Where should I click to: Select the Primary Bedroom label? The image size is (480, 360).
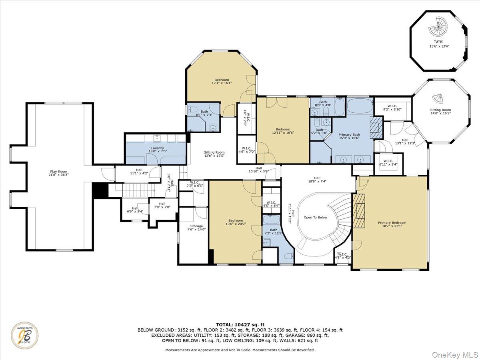pyautogui.click(x=392, y=223)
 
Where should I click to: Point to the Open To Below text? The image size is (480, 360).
pyautogui.click(x=315, y=218)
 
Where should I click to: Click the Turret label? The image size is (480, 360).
pyautogui.click(x=438, y=41)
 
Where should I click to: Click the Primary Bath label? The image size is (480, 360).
pyautogui.click(x=349, y=135)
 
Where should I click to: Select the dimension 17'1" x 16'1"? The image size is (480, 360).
pyautogui.click(x=222, y=83)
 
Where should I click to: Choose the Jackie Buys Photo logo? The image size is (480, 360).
pyautogui.click(x=25, y=335)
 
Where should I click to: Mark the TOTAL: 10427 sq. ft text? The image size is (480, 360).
pyautogui.click(x=240, y=324)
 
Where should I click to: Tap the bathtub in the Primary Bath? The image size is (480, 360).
pyautogui.click(x=360, y=106)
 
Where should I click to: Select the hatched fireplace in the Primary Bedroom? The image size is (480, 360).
pyautogui.click(x=359, y=211)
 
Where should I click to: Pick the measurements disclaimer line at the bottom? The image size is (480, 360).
pyautogui.click(x=240, y=350)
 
